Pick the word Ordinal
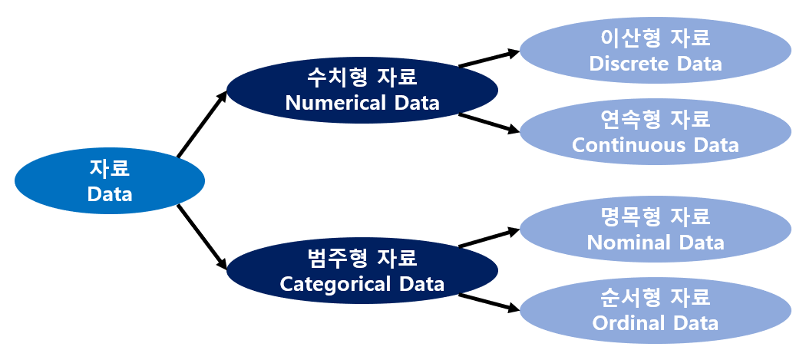[x=629, y=322]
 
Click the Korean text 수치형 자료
[x=362, y=78]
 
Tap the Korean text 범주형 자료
[x=362, y=258]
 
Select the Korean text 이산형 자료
[x=656, y=38]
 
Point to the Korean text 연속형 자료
[x=656, y=119]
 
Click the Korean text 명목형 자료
[x=656, y=217]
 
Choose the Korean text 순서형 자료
[x=656, y=297]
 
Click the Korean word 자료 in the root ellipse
[x=110, y=168]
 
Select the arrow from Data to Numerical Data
[x=202, y=125]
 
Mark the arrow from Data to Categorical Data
[x=202, y=237]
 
